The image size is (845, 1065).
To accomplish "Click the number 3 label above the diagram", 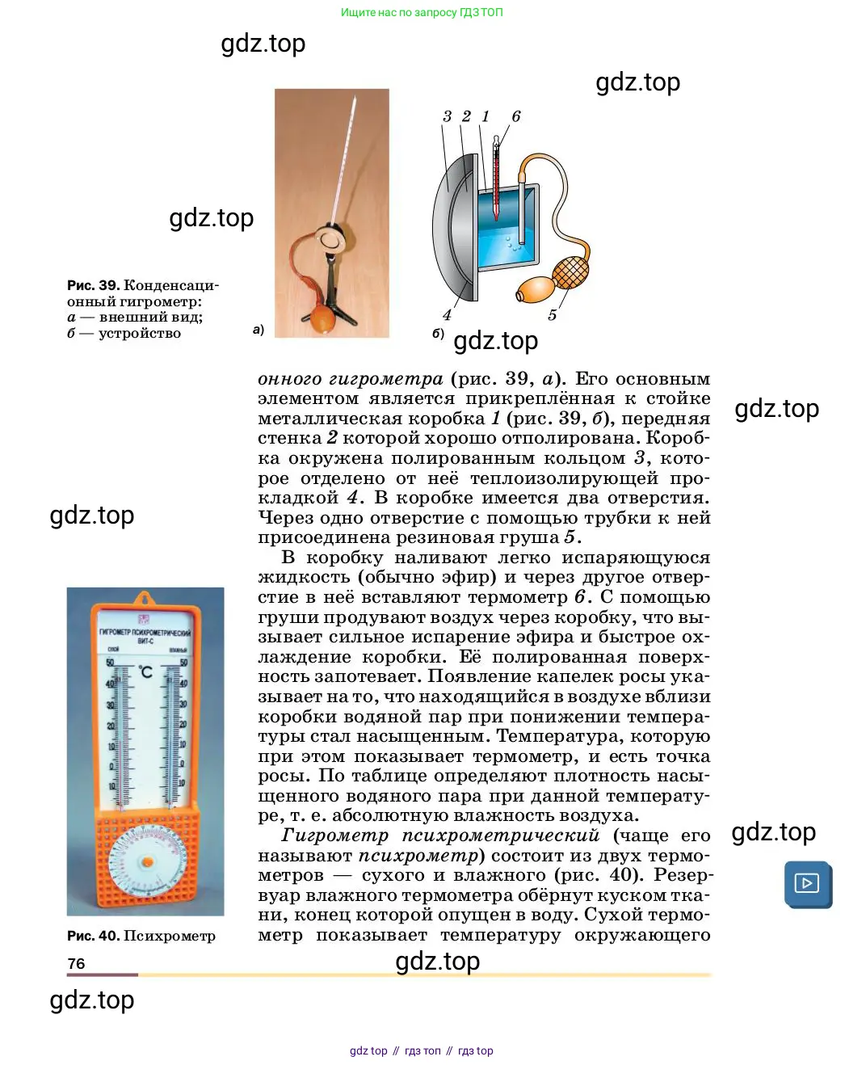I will (447, 116).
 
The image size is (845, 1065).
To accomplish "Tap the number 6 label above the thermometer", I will (516, 116).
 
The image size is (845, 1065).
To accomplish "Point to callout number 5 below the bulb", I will (552, 315).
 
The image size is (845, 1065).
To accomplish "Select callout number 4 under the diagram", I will (447, 315).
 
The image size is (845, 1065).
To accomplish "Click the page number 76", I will (76, 963).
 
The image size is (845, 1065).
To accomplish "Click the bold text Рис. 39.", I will (93, 285).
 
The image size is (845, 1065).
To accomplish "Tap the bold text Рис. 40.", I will (93, 936).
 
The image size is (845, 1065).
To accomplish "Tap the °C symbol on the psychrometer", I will (145, 671).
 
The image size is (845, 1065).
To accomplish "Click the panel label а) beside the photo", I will (259, 330).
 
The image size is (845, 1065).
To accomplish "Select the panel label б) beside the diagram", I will (438, 333).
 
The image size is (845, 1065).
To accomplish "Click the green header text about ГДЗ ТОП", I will (422, 12).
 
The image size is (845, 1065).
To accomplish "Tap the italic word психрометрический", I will (501, 836).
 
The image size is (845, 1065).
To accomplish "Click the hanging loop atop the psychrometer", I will (145, 599).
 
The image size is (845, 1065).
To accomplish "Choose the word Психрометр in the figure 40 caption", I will (170, 936).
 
